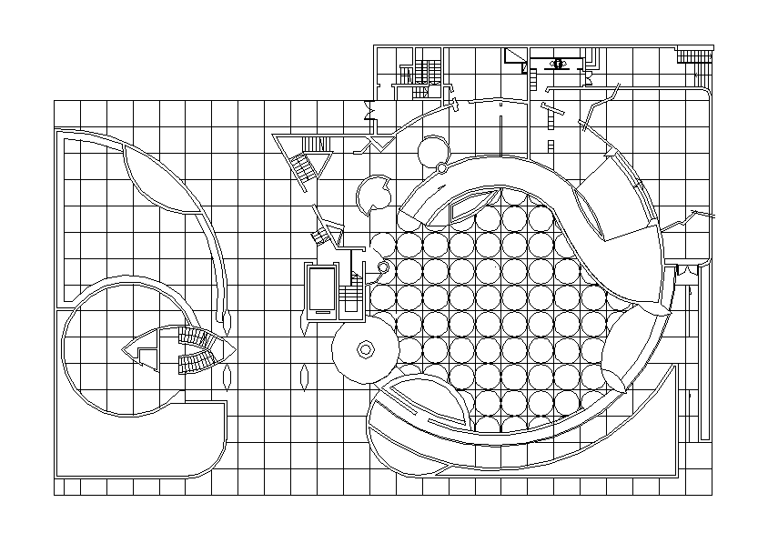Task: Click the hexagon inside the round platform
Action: pos(366,349)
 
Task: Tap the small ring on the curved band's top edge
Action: pos(441,168)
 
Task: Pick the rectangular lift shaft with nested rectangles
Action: pos(321,291)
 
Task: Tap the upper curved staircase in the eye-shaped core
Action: pos(197,339)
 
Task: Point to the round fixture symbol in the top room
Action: pos(559,63)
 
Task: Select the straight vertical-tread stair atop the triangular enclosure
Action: pos(315,145)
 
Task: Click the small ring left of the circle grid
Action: pos(383,267)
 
